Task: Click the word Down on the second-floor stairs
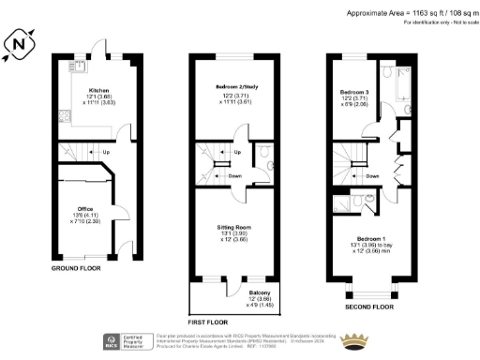[x=372, y=175]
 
